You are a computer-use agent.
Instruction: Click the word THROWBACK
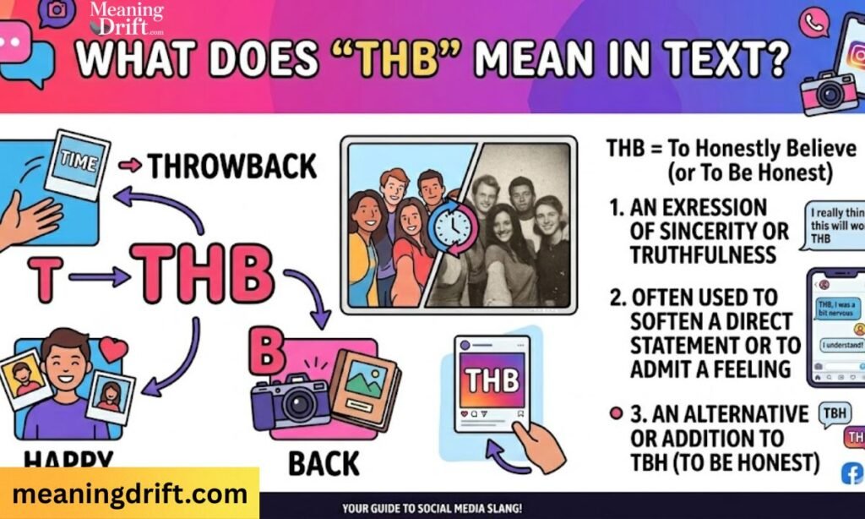point(231,167)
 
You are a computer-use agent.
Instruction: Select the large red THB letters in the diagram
point(206,276)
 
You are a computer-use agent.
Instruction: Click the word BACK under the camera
point(324,463)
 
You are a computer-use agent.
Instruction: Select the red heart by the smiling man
point(112,349)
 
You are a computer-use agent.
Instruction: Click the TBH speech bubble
point(832,414)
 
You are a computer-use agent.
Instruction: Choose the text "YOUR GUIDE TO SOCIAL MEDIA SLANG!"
point(432,509)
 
